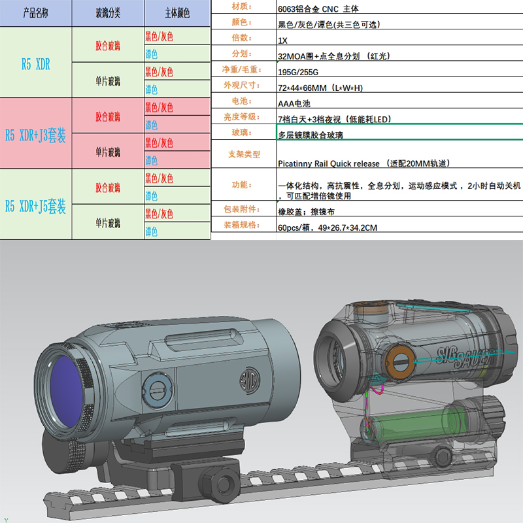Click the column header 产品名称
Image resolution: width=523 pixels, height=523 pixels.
pos(35,14)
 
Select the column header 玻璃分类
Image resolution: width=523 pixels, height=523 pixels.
pos(108,14)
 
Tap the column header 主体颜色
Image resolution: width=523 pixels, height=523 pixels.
pos(177,14)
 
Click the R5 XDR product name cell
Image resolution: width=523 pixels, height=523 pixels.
pos(35,63)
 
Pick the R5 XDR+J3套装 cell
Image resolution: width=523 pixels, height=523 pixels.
pos(35,135)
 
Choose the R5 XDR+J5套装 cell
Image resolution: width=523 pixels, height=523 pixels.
pos(35,206)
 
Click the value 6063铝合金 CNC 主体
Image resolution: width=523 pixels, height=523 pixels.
pos(318,8)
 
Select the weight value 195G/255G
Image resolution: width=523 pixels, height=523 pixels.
pos(298,72)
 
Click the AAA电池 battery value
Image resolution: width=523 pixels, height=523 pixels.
pos(293,103)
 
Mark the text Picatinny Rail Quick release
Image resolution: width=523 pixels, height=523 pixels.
pos(328,163)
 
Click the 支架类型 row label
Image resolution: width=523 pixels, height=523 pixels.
pos(244,154)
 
